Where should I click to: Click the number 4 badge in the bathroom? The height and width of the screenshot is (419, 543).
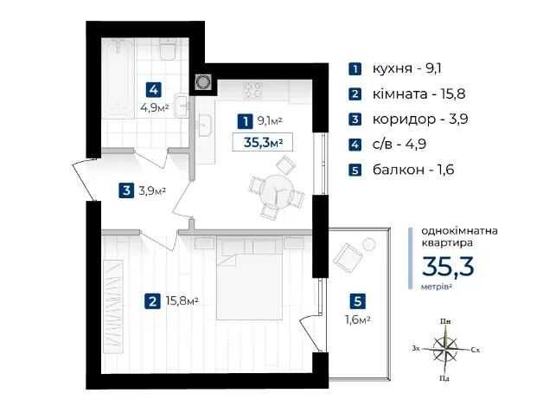click(x=154, y=90)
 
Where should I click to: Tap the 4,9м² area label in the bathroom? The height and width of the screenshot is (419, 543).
click(x=155, y=107)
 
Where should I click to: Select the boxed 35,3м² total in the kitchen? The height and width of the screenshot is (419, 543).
click(x=263, y=142)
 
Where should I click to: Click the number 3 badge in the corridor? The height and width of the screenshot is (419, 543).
click(x=126, y=190)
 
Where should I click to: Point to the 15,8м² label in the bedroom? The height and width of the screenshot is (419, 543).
click(x=182, y=300)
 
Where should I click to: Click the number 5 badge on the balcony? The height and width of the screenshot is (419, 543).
click(x=358, y=301)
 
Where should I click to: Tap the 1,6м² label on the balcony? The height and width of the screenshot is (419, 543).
click(x=358, y=319)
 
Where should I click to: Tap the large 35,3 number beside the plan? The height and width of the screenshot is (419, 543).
click(x=448, y=267)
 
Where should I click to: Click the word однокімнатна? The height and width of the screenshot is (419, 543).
click(x=459, y=231)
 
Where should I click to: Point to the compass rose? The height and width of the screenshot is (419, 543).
click(x=445, y=349)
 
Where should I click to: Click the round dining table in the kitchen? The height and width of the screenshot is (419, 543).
click(x=277, y=190)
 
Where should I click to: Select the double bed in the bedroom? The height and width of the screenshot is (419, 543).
click(x=249, y=278)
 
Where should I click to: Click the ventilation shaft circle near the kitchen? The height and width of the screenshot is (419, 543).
click(x=202, y=82)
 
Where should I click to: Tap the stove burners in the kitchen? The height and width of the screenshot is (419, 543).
click(x=252, y=89)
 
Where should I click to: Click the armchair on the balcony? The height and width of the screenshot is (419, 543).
click(x=348, y=256)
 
